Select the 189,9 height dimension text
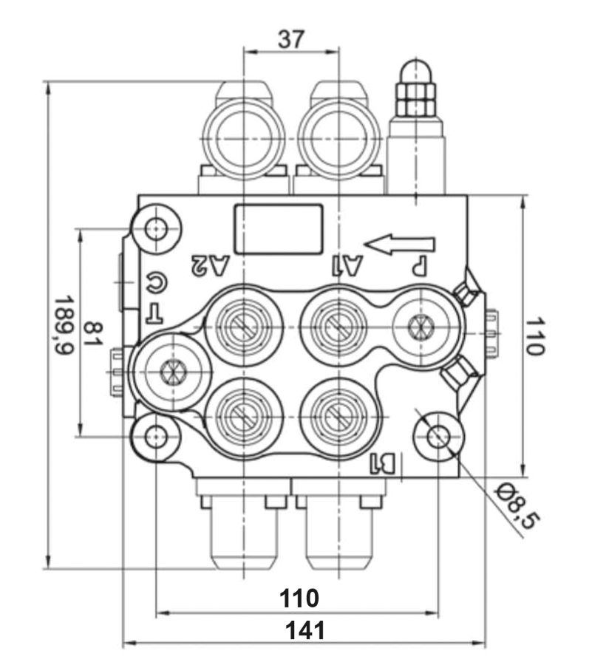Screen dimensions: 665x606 [64, 325]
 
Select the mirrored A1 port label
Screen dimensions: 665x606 [345, 263]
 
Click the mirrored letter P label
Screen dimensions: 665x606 [419, 264]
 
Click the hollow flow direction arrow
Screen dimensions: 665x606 [399, 244]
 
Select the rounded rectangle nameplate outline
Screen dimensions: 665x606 [279, 228]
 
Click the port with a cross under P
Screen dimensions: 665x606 [421, 325]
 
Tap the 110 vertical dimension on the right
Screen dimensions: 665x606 [534, 336]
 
